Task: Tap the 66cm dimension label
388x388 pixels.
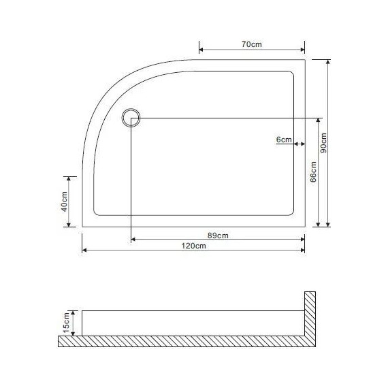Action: coord(314,172)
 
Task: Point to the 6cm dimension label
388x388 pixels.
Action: coord(284,140)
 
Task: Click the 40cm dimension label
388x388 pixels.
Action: coord(63,202)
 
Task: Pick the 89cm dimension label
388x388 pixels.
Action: coord(217,236)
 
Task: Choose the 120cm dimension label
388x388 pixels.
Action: coord(194,246)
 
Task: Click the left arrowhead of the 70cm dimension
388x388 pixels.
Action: coord(201,49)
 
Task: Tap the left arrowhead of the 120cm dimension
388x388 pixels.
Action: coord(84,250)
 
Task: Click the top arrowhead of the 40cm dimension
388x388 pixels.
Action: coord(68,178)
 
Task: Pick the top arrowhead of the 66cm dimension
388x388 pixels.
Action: coord(319,120)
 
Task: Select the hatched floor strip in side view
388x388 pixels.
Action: coord(184,342)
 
